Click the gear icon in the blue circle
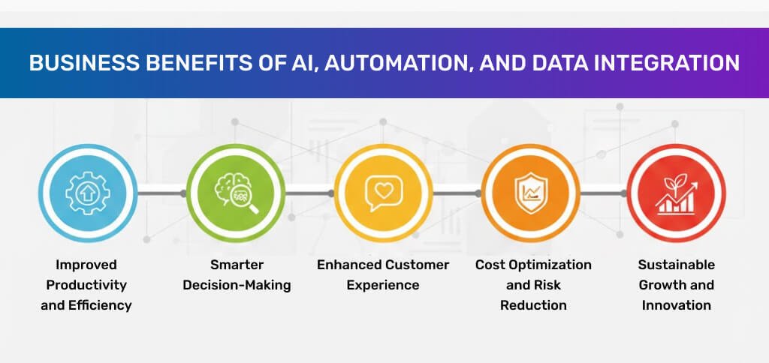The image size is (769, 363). click(x=89, y=193)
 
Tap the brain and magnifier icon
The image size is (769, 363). click(x=237, y=194)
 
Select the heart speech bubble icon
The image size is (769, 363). click(x=384, y=193)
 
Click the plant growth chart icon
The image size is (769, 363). click(x=677, y=194)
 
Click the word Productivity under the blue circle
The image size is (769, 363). click(x=86, y=285)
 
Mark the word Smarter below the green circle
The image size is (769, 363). click(x=237, y=265)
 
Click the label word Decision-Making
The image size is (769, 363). click(x=237, y=285)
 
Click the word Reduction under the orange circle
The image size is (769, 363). click(x=534, y=305)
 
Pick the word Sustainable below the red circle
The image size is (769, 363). click(x=677, y=265)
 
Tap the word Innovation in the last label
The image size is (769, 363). click(x=677, y=305)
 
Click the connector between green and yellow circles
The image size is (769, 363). click(x=309, y=193)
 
